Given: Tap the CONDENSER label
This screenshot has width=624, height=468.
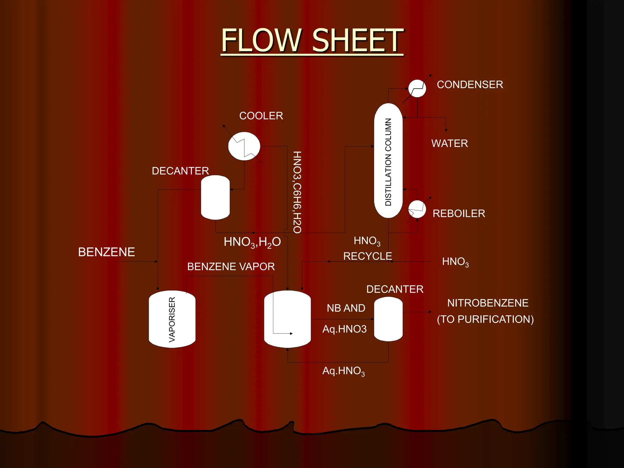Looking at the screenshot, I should (470, 84).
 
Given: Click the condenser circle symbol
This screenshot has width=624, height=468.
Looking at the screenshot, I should (417, 89).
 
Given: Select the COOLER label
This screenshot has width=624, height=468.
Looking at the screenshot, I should (261, 116).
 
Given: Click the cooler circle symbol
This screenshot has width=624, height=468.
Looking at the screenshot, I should (244, 146).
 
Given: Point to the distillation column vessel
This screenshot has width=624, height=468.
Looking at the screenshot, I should (388, 161).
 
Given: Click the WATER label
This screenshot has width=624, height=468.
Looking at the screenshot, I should (449, 143).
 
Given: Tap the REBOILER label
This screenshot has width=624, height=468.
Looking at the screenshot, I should (459, 213).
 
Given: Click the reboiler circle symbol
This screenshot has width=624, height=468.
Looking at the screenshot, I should (417, 209).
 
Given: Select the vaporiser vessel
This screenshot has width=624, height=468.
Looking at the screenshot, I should (172, 319).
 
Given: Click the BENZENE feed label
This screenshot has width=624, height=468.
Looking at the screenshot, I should (106, 252).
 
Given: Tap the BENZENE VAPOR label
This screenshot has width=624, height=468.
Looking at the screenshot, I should (231, 267).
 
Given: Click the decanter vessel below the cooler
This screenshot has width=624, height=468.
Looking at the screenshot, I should (215, 197).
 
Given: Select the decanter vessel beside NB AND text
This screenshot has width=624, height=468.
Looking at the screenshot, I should (388, 319).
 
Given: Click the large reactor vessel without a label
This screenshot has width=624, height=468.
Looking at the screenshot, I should (287, 319).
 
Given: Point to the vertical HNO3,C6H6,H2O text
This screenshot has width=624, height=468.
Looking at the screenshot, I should (297, 192).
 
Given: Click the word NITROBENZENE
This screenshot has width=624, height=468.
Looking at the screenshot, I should (487, 303).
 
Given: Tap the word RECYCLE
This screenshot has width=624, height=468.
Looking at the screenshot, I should (367, 256).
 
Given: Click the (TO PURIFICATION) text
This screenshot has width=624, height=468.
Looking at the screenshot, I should (485, 319).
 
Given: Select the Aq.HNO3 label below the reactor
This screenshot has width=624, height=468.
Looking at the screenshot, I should (343, 371).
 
